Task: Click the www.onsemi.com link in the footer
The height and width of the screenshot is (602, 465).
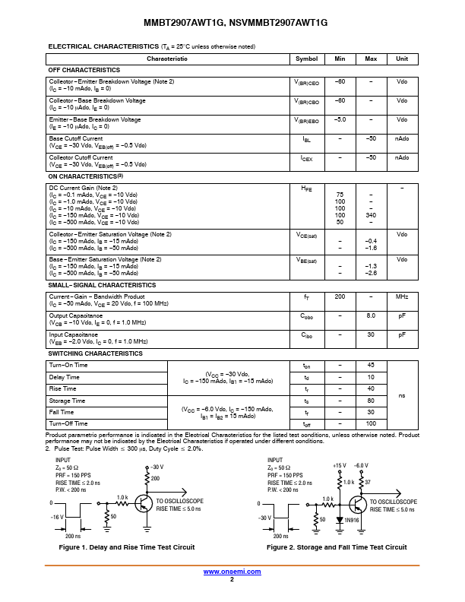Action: (232, 572)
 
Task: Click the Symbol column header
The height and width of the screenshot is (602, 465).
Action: (306, 59)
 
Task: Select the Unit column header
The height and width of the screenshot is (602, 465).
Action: (402, 59)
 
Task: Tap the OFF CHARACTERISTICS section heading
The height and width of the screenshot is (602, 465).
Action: (84, 70)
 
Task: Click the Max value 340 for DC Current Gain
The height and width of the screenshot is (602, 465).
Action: (371, 215)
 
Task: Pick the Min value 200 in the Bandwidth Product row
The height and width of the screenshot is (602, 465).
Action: (340, 296)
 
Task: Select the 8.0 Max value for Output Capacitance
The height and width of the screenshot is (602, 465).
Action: (371, 315)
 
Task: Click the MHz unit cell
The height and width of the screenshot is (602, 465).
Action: (402, 296)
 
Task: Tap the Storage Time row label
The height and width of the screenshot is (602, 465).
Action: (67, 401)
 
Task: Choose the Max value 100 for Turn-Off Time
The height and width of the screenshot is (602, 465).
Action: (371, 423)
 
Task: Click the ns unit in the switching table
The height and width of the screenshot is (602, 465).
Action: (402, 394)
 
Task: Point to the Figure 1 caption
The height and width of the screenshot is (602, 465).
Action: (127, 547)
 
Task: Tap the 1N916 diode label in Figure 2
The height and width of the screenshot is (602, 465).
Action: (350, 520)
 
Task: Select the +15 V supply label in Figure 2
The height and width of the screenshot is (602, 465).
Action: (339, 464)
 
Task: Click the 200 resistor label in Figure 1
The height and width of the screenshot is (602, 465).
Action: (156, 478)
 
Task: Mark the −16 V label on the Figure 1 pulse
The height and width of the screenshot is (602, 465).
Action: (58, 516)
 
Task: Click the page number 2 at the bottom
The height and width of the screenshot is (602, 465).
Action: (232, 579)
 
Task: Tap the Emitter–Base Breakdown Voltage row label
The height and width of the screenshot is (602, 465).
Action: (95, 119)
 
